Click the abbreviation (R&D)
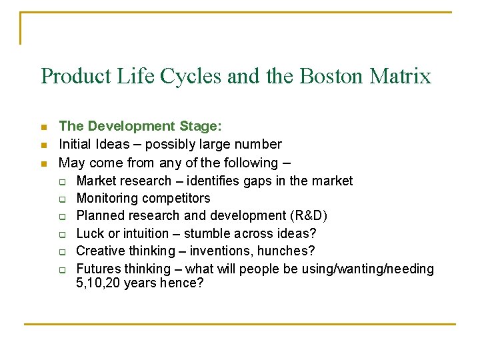pos(306,216)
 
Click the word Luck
pos(89,233)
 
